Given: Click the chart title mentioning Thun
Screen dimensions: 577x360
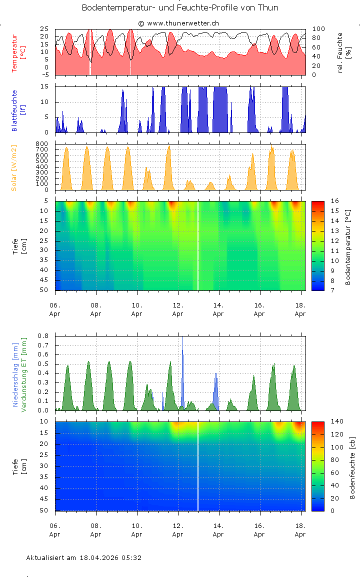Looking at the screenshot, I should (x=180, y=8).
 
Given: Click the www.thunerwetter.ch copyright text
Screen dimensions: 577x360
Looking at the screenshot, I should (x=178, y=23).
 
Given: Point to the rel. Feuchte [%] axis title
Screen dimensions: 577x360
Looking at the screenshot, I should (x=344, y=52).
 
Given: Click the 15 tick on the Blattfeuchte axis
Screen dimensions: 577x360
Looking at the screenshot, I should (x=44, y=86).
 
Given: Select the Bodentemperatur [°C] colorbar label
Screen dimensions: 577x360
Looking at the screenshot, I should (x=348, y=247).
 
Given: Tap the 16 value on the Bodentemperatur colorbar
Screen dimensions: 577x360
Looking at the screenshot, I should (x=335, y=201).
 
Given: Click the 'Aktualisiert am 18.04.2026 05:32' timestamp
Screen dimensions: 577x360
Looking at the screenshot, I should (x=83, y=557).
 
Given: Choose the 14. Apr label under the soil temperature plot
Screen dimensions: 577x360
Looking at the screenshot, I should (x=218, y=309).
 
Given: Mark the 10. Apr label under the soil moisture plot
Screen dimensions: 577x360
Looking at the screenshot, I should (x=136, y=529).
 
